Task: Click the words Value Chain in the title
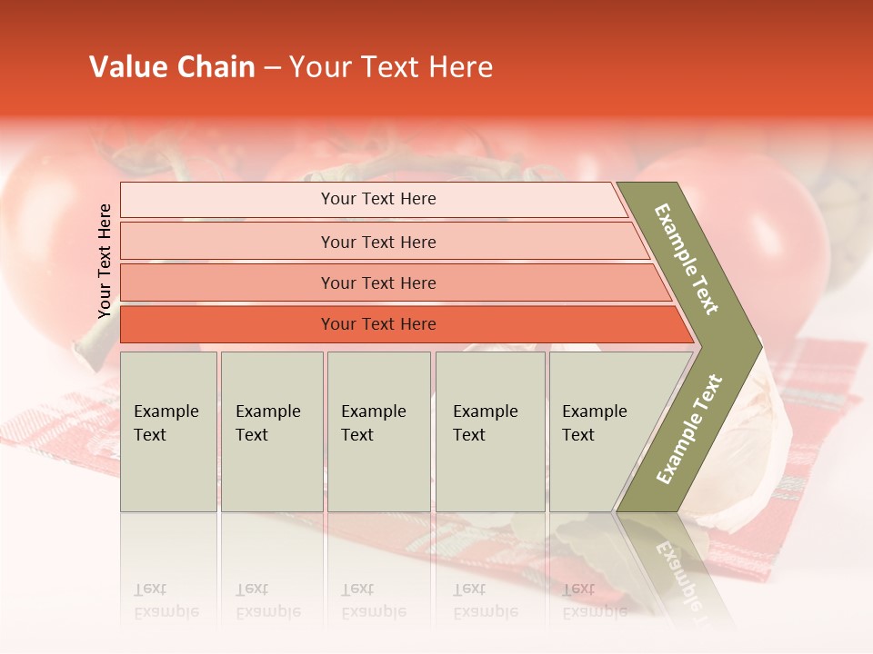[x=172, y=67]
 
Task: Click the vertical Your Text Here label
[x=105, y=261]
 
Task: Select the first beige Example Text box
[x=168, y=431]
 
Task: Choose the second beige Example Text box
[x=272, y=431]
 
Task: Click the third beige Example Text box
[x=378, y=431]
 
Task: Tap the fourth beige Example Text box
[x=490, y=431]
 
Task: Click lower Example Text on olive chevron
[x=689, y=429]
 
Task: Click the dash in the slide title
[x=272, y=68]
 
